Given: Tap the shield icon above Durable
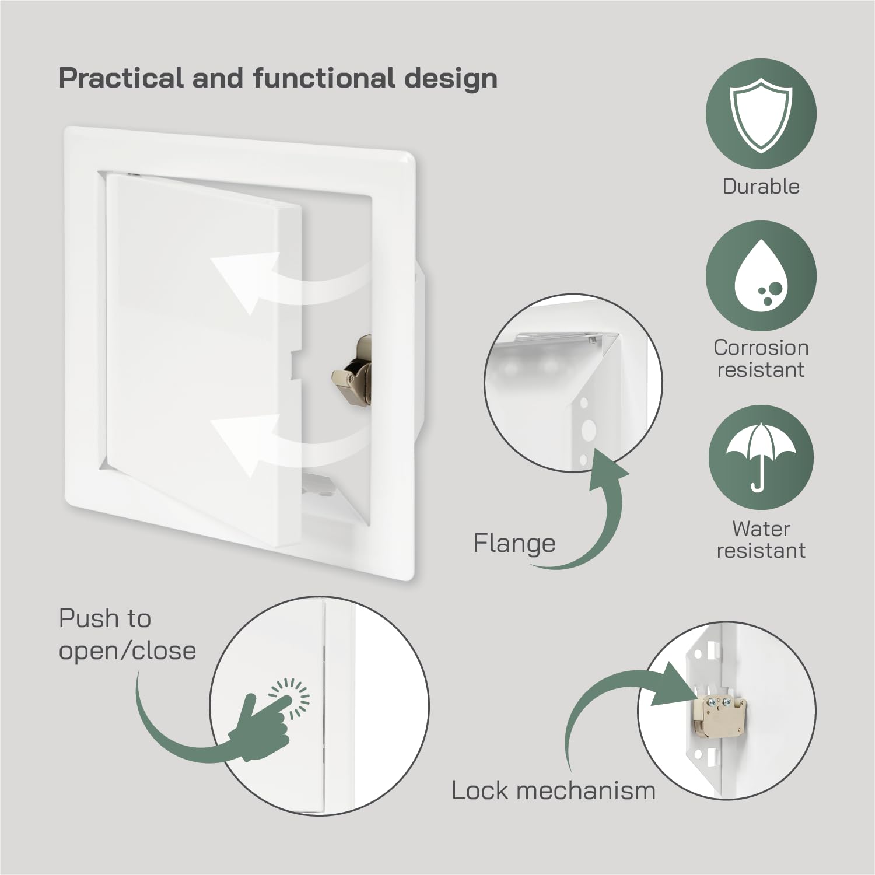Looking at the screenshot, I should tap(760, 115).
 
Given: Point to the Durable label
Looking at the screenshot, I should tap(761, 187).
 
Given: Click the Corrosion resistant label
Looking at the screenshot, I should tap(761, 358).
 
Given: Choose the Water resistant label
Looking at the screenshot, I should tap(761, 539).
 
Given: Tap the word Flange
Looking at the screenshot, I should tap(514, 544).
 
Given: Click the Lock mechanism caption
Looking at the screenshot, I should tap(553, 791).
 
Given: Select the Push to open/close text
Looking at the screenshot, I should tap(127, 635).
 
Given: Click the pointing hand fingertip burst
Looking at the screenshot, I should tap(290, 696).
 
